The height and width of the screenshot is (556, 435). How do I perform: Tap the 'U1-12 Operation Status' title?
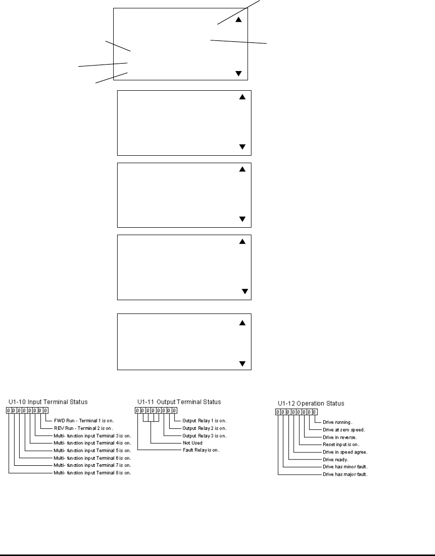click(x=309, y=403)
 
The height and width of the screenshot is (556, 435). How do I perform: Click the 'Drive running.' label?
click(x=337, y=422)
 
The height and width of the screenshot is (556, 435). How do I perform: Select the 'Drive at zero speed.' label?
click(x=343, y=430)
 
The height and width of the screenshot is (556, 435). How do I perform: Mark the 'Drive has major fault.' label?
click(x=344, y=474)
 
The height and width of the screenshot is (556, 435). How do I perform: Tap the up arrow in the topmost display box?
click(x=239, y=20)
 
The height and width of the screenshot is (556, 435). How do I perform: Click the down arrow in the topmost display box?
click(x=239, y=73)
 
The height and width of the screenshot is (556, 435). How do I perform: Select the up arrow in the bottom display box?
click(x=242, y=323)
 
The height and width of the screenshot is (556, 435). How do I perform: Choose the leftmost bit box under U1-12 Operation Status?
click(x=278, y=412)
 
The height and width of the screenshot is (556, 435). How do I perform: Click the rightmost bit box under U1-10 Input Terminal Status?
click(x=45, y=410)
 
